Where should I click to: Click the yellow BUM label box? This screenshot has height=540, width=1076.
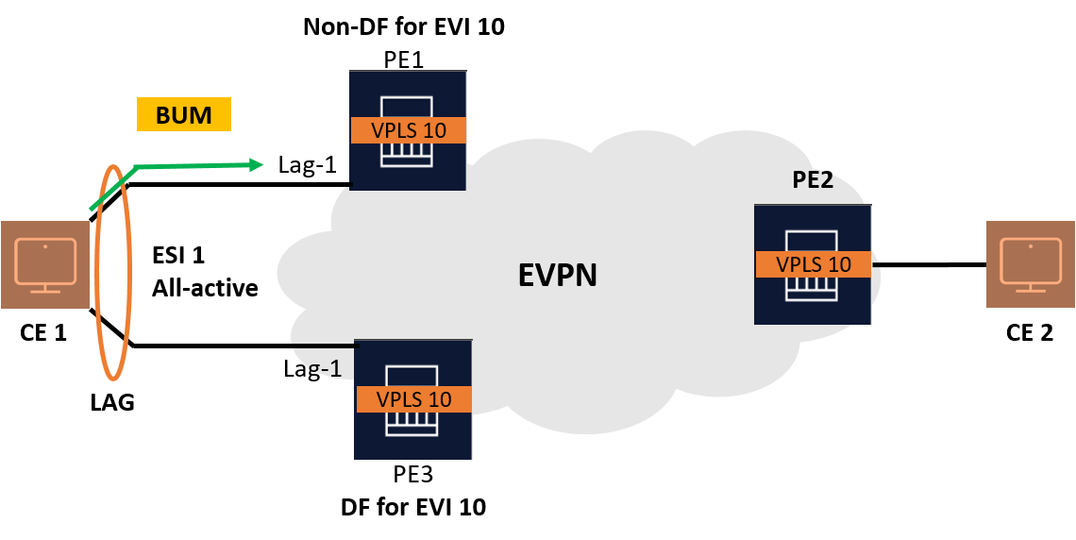[184, 114]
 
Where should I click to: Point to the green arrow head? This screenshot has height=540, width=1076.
[256, 164]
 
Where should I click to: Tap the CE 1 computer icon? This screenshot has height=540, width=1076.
[45, 264]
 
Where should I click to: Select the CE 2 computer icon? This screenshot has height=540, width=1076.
[1031, 264]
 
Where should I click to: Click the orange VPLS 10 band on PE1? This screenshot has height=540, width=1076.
[409, 129]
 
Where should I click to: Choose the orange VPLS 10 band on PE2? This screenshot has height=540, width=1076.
[814, 264]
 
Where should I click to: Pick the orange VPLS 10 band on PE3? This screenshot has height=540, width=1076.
[413, 399]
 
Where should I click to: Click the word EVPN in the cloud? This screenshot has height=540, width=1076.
[557, 275]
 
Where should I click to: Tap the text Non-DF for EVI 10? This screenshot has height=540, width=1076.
[404, 26]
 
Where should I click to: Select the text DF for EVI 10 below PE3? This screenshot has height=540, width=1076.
[413, 507]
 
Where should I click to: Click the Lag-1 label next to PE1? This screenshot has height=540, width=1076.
[308, 165]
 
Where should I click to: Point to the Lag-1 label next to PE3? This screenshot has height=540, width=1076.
[312, 369]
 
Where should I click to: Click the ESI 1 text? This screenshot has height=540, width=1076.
[177, 255]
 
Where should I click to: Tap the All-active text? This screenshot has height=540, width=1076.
[205, 288]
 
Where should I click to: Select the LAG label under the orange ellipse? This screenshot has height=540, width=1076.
[112, 403]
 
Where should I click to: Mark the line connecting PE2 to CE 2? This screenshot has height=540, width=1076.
[929, 264]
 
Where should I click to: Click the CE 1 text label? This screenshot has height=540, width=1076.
[43, 333]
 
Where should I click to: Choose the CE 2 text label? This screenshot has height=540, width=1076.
[1030, 333]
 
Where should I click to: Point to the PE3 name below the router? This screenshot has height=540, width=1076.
[412, 473]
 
